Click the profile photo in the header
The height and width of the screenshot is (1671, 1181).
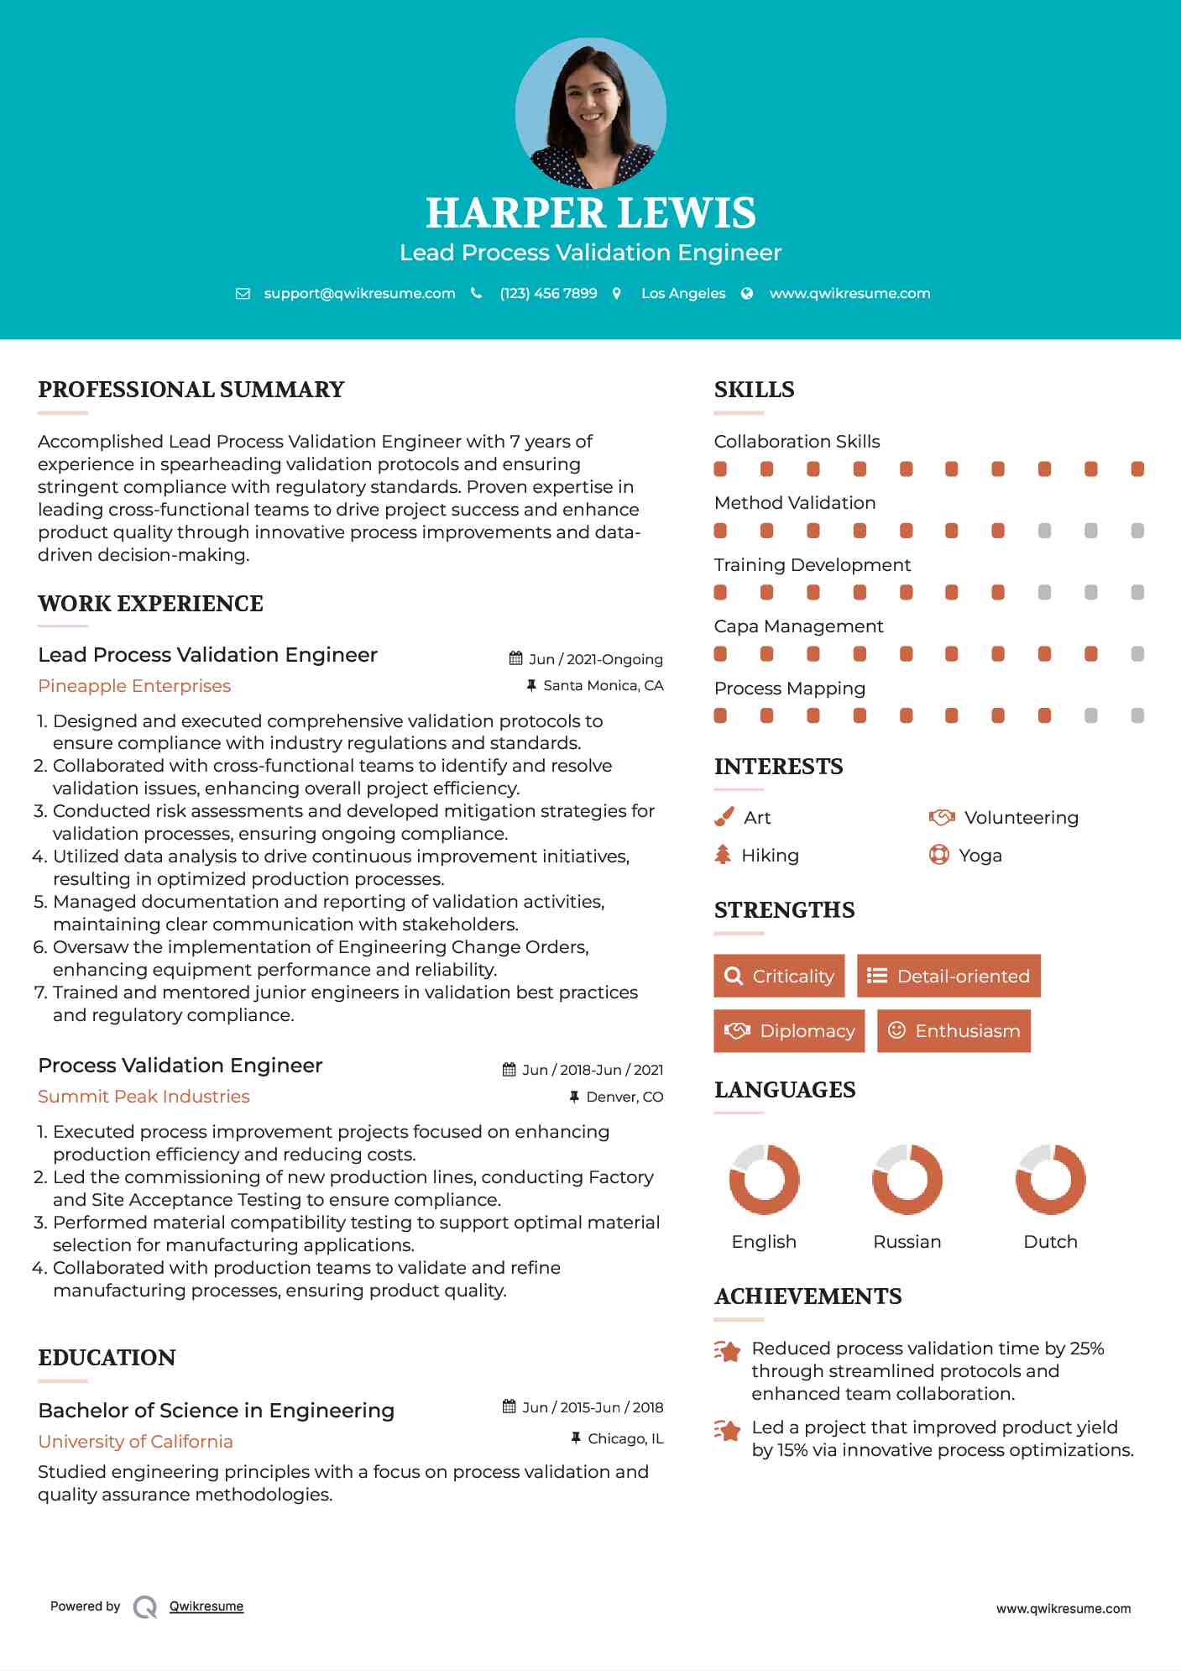[590, 113]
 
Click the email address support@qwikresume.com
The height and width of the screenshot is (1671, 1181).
[359, 293]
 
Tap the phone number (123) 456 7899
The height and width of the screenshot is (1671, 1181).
[548, 293]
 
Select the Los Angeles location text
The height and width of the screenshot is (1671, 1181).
[683, 293]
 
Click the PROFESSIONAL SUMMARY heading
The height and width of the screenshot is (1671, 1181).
[191, 390]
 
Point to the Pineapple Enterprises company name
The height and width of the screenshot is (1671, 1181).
[134, 686]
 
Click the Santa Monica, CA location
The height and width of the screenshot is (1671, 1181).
[603, 685]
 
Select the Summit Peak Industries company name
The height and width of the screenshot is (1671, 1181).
[144, 1097]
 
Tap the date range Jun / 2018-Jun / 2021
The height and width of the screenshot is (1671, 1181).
[592, 1070]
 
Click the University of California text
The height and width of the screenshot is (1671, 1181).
[135, 1442]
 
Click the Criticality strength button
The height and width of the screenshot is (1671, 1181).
[779, 976]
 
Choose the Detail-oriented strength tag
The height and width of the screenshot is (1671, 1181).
[948, 976]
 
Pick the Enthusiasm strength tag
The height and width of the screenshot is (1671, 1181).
[954, 1030]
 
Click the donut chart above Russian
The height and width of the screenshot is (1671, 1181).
[907, 1179]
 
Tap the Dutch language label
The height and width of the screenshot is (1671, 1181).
[1050, 1242]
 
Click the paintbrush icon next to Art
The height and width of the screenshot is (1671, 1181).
[724, 817]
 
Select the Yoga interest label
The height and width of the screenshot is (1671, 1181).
[980, 856]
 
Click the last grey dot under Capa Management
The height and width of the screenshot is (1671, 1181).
[1137, 654]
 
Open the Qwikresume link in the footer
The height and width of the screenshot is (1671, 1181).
[206, 1606]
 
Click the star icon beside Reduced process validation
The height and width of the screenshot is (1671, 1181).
[728, 1351]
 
